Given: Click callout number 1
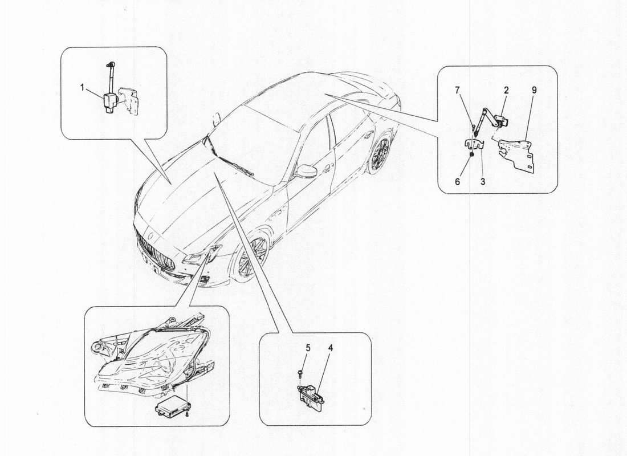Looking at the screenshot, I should click(x=83, y=88).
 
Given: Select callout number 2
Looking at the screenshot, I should click(x=506, y=91).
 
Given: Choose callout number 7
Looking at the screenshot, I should click(x=457, y=91).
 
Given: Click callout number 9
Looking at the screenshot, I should click(x=534, y=91).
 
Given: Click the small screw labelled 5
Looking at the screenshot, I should click(x=299, y=373).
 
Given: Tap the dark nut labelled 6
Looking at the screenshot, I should click(x=472, y=154).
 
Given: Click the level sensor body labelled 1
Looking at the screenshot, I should click(x=111, y=104).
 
